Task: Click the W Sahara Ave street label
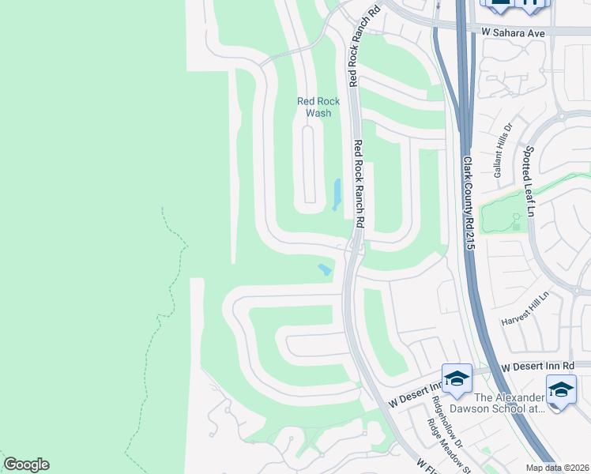click(514, 33)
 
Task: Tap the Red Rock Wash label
click(318, 107)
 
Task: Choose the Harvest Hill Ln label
click(525, 311)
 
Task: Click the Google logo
click(25, 465)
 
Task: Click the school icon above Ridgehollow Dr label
click(456, 380)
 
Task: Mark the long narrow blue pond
click(337, 194)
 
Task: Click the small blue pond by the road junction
click(325, 269)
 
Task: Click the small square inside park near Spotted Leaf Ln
click(516, 227)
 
